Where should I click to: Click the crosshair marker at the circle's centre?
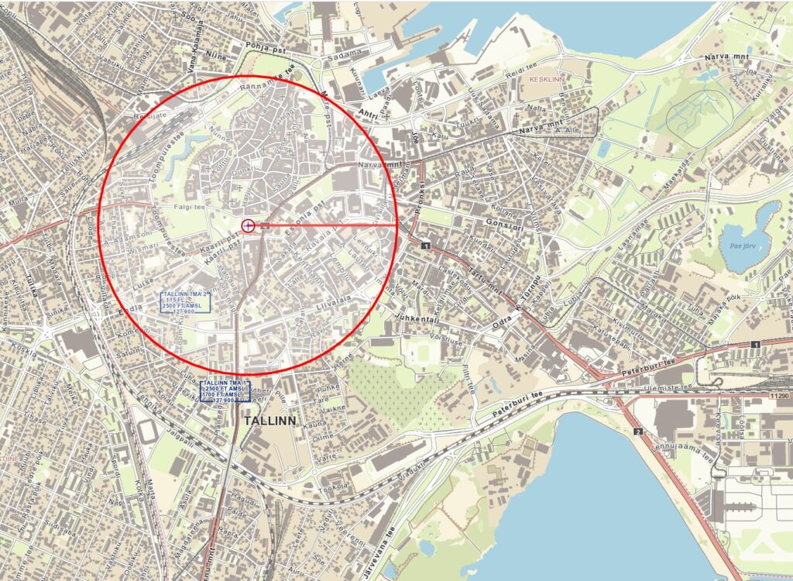[x=248, y=225]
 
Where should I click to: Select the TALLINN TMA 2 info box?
[x=186, y=304]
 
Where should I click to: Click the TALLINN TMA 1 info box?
[x=225, y=391]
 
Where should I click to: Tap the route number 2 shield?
[x=638, y=431]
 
